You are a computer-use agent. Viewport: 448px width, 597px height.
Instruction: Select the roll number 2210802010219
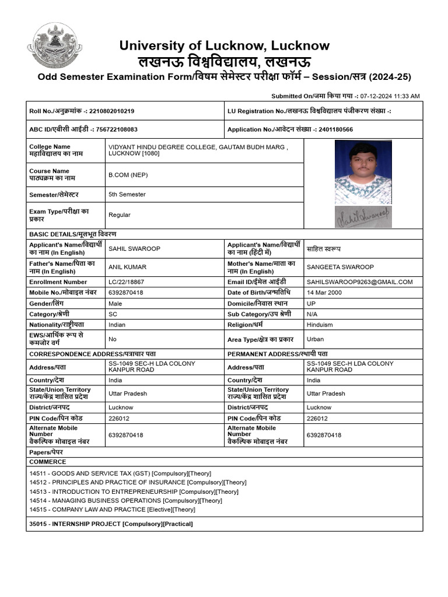tap(111, 111)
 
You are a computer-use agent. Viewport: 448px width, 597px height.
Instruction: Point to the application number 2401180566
tap(331, 129)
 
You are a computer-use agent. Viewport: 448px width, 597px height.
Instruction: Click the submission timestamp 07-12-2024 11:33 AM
tap(390, 96)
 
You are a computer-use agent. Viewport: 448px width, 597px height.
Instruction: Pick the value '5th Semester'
tap(127, 195)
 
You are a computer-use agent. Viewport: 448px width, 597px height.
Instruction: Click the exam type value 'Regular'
tap(120, 215)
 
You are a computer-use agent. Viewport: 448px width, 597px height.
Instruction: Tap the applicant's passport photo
tap(363, 173)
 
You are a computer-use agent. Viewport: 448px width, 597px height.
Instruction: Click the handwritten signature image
tap(363, 217)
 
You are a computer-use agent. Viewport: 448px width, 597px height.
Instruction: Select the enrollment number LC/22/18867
tap(130, 282)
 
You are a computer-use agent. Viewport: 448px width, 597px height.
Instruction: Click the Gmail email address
tap(359, 282)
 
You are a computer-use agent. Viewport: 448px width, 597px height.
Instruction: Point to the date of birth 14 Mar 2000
tap(324, 293)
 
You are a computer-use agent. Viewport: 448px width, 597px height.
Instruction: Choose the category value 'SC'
tap(113, 314)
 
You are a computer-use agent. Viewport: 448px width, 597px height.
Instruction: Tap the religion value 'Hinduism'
tap(320, 325)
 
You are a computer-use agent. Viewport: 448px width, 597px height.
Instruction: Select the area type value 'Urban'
tap(315, 339)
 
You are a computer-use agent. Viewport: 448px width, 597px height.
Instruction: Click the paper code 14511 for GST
tap(37, 473)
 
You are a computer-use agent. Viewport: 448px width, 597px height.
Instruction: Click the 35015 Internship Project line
tap(111, 524)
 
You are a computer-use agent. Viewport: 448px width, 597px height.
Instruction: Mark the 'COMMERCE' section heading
tap(48, 462)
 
